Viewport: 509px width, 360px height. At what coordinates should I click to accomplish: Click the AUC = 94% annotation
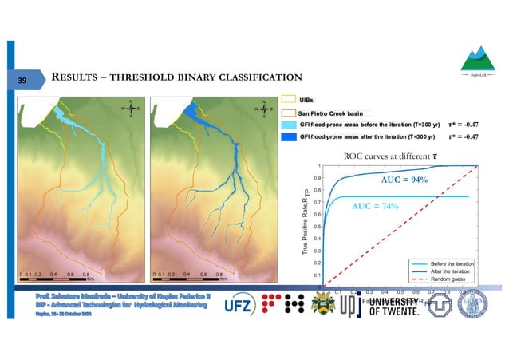click(x=404, y=180)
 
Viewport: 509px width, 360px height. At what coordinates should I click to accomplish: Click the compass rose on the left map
click(x=130, y=108)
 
